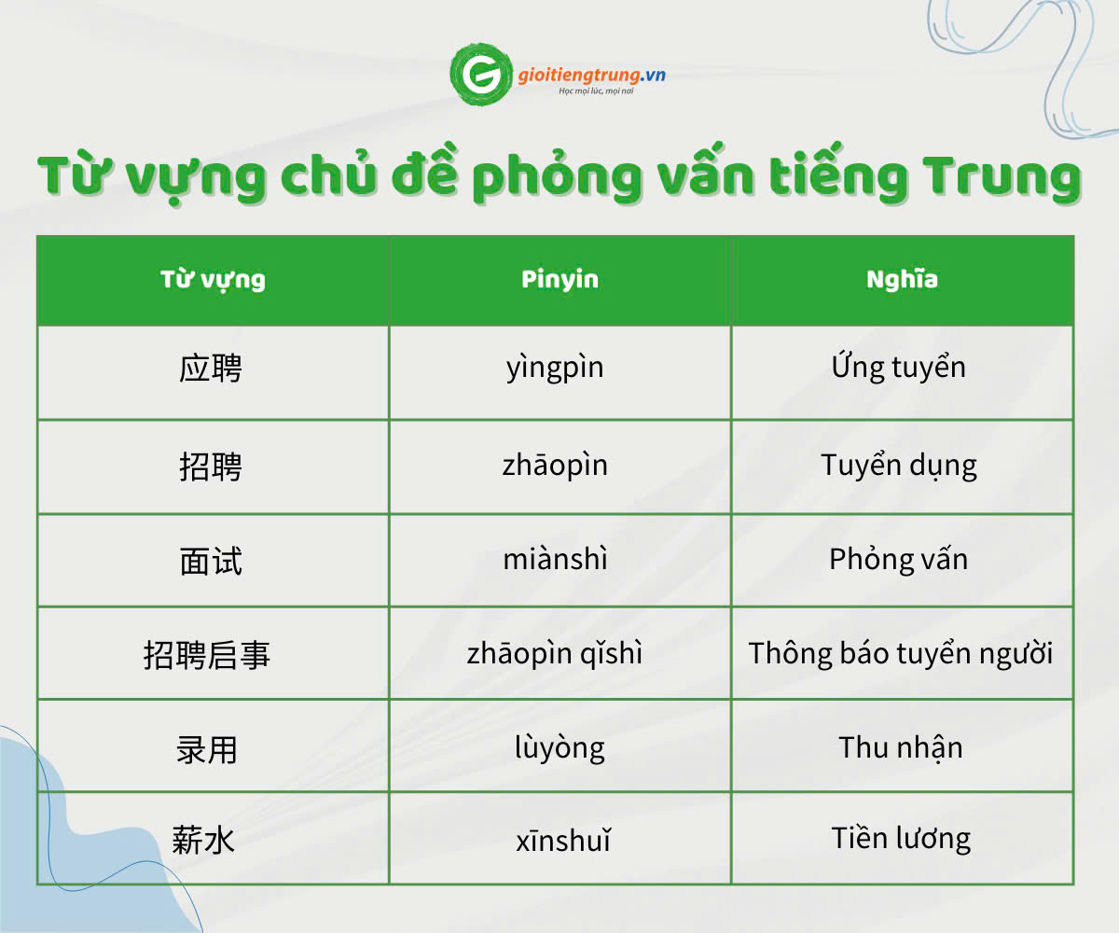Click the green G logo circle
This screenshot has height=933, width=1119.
coord(481,74)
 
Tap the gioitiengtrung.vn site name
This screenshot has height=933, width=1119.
coord(591,75)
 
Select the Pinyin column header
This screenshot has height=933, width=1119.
coord(560,279)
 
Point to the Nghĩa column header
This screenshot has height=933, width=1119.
coord(902,279)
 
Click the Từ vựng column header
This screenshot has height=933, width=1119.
coord(213,280)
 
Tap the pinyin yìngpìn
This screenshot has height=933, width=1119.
coord(555,369)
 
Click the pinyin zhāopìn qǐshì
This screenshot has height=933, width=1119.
coord(555,654)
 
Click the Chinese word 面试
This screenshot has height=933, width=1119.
coord(211,562)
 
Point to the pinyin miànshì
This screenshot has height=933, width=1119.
coord(555,559)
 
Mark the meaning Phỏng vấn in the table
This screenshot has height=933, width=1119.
coord(899,559)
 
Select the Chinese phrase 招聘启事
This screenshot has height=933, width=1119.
coord(206,655)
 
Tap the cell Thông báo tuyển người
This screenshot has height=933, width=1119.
coord(901,653)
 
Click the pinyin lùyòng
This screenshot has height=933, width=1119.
coord(559,747)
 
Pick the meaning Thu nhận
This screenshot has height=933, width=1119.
coord(901,747)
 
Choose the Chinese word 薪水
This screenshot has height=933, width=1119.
coord(203,841)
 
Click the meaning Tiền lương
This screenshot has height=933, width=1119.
coord(901,838)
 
